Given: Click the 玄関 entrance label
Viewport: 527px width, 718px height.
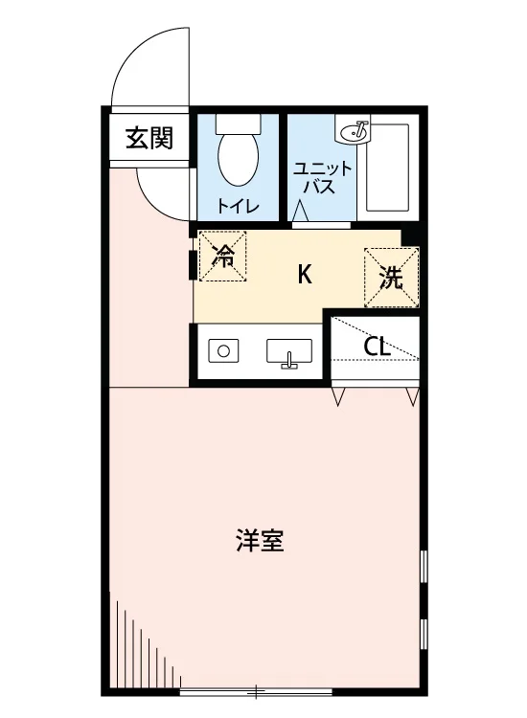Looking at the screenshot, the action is tap(149, 138).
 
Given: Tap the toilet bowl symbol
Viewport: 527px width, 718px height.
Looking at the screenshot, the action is tap(238, 158).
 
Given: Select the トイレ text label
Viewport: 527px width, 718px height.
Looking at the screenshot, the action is tap(238, 206).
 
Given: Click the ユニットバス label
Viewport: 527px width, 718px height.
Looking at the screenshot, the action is tap(322, 177).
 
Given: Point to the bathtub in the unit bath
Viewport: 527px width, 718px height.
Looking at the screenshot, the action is tap(387, 168).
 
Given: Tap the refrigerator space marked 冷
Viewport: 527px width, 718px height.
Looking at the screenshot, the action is tap(222, 256).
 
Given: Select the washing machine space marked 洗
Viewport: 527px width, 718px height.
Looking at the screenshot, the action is tap(391, 278).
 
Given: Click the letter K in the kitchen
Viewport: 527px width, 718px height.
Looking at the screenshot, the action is tap(305, 275).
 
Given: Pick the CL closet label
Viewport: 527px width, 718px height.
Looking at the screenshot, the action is tap(377, 348).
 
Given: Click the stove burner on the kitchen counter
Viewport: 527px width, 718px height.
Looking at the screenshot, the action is tap(223, 351).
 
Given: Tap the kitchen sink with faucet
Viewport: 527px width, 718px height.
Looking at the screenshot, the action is tap(289, 353).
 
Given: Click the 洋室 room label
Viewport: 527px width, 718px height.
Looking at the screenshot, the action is tap(260, 540).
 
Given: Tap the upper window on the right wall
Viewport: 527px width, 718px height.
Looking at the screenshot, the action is tap(424, 566).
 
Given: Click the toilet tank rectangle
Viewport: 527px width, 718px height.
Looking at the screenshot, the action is tap(239, 123).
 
